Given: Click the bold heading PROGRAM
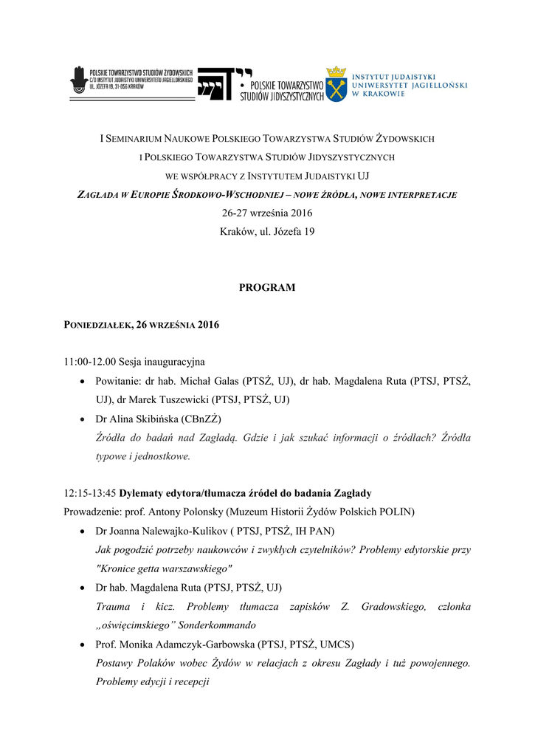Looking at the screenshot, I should (267, 288).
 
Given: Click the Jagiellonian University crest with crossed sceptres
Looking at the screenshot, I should (336, 83).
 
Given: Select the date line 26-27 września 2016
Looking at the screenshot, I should (267, 213).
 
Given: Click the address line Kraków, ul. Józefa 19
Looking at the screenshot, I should (267, 233).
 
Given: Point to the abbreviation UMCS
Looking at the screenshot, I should (336, 645).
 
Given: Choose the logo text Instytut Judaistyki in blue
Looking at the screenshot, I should (393, 76).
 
